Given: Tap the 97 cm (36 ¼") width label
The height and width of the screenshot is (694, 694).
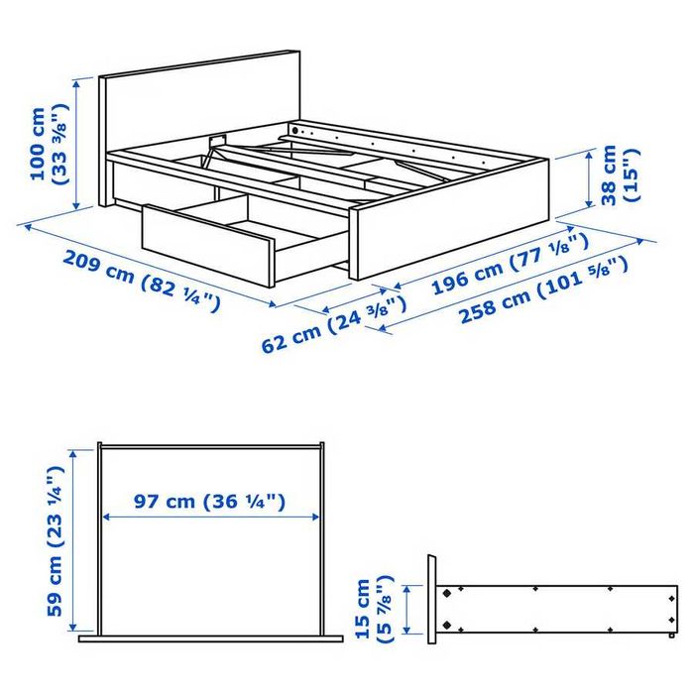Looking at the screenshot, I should [210, 502].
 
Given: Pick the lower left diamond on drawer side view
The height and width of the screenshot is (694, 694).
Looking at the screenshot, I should [448, 625].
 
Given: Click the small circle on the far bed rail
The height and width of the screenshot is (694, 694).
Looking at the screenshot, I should [294, 130].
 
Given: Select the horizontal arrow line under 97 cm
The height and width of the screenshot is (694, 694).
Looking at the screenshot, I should [210, 517].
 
